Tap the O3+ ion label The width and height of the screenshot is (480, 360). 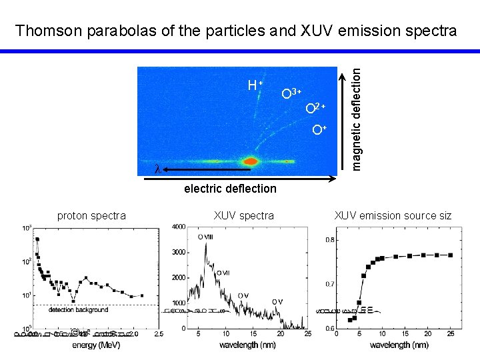click(x=291, y=93)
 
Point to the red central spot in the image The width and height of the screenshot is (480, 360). click(x=251, y=161)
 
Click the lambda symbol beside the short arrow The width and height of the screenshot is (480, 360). click(x=157, y=169)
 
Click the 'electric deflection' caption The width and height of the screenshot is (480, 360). click(x=230, y=189)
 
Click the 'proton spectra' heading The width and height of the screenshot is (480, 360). click(x=91, y=215)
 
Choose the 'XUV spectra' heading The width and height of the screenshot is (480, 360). click(x=243, y=215)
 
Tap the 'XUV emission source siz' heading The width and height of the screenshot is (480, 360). click(x=393, y=215)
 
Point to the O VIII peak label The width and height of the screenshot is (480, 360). click(x=206, y=237)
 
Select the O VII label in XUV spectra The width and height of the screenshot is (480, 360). click(x=223, y=273)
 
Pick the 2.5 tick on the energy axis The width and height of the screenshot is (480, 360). click(x=159, y=334)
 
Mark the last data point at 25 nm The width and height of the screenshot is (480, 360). click(x=451, y=255)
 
